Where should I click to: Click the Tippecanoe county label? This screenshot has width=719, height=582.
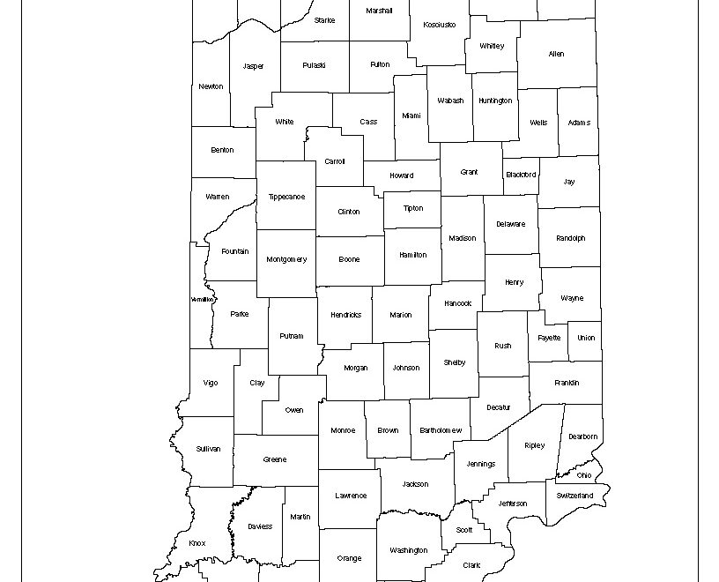tap(286, 197)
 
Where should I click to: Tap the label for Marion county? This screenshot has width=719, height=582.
tap(400, 315)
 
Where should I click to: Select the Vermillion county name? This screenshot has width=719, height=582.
tap(202, 300)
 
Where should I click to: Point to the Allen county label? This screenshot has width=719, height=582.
tap(556, 55)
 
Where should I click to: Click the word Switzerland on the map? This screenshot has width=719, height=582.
tap(574, 496)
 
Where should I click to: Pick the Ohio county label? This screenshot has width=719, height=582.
tap(584, 475)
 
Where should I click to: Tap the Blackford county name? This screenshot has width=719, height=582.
tap(521, 175)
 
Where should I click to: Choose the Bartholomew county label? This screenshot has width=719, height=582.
tap(441, 430)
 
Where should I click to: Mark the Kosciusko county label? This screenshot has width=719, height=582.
tap(440, 25)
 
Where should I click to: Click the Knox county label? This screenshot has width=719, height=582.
tap(197, 543)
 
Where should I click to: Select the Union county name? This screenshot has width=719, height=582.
tap(586, 338)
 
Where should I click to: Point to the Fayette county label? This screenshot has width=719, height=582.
tap(550, 338)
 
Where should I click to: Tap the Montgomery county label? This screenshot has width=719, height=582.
tap(286, 259)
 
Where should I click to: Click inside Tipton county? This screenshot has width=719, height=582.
tap(413, 209)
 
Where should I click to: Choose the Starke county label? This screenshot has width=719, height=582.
tap(324, 20)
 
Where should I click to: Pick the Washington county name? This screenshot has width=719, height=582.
tap(408, 550)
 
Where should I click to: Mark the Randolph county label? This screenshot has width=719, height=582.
tap(570, 238)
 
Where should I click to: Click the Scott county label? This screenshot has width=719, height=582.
tap(464, 530)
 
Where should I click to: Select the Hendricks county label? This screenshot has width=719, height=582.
tap(345, 315)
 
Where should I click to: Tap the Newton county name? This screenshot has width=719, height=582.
tap(211, 86)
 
